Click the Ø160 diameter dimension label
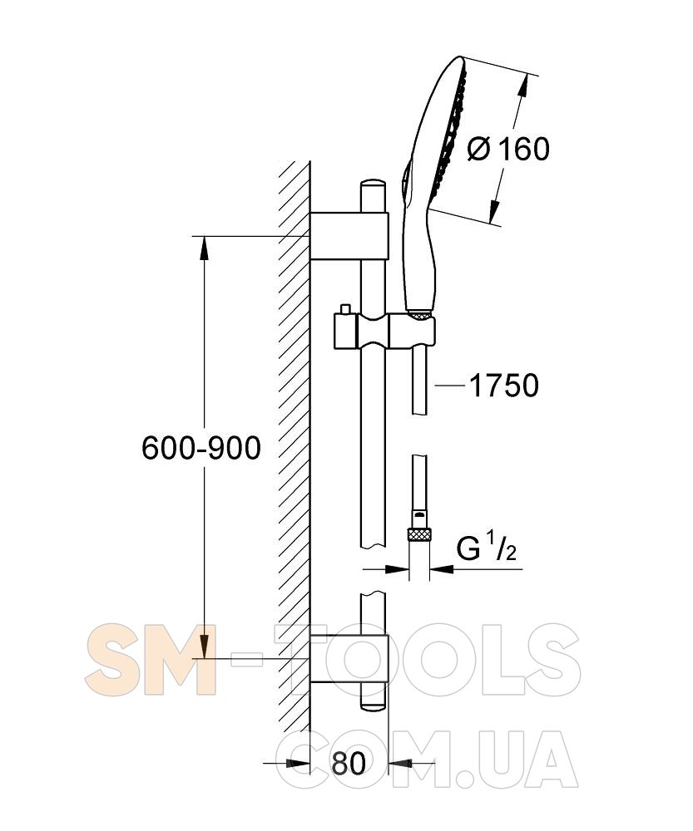point(508,149)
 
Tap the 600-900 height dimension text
point(201,448)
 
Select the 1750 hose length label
point(503,386)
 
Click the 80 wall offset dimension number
point(349,763)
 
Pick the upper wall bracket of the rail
point(349,236)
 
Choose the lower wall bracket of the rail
point(349,658)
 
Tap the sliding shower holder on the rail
point(384,332)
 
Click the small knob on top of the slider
point(346,309)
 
